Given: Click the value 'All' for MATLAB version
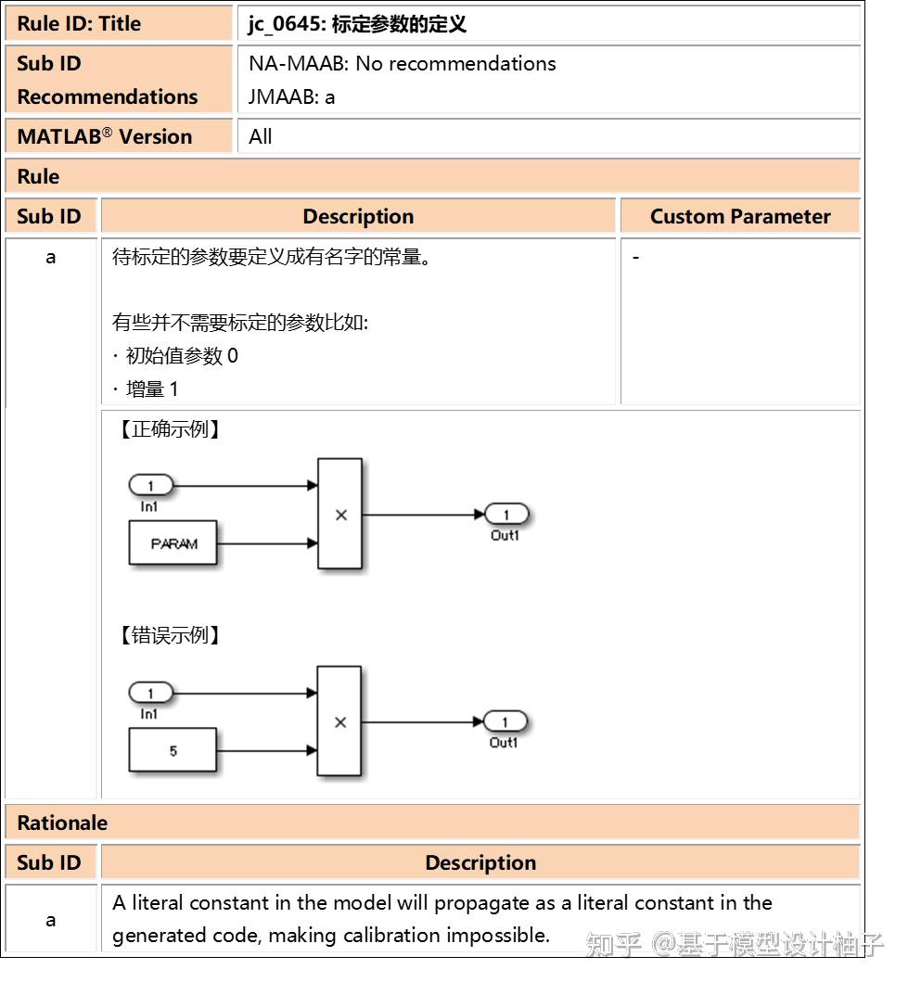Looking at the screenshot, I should tap(261, 136).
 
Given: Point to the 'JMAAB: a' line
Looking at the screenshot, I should tap(292, 96).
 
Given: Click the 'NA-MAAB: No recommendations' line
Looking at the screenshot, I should tap(403, 63).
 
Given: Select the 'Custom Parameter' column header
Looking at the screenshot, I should tap(739, 216).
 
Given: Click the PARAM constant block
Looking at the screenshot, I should tap(173, 543).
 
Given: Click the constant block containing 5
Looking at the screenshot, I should tap(173, 750).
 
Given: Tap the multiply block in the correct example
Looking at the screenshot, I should tap(339, 514).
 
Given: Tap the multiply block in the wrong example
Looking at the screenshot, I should tap(339, 721).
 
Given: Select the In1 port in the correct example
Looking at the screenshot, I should tap(150, 485).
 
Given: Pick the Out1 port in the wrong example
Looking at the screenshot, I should tap(505, 721).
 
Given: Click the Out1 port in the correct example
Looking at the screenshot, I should tap(505, 515).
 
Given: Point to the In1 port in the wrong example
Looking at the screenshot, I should tap(150, 692).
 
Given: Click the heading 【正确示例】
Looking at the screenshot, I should tap(170, 429).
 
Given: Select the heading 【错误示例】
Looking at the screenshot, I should tap(170, 635).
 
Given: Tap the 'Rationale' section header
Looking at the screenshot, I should tap(62, 823).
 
